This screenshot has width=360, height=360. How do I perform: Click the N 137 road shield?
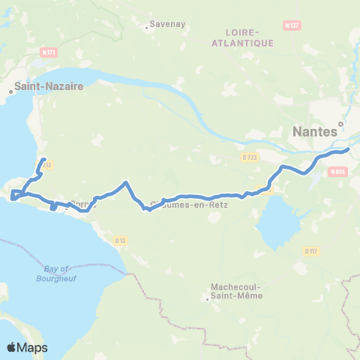292,25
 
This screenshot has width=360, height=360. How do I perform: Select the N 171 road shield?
49,52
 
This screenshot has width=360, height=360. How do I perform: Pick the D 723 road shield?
250,157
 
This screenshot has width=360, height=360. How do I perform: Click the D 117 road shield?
312,250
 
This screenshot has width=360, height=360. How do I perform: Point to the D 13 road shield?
120,240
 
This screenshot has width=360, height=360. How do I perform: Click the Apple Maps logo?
27,347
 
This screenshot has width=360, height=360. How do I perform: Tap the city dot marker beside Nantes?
340,124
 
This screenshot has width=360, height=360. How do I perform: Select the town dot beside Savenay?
147,31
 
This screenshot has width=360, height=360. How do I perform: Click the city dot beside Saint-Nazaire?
10,92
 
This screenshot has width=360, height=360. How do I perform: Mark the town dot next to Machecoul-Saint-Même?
208,300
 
